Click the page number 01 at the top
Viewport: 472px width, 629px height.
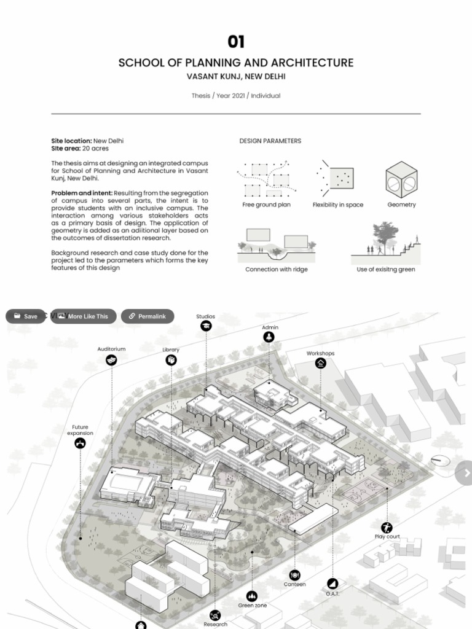[236, 42]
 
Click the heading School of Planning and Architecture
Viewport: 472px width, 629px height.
[236, 63]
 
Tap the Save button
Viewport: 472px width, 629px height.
[25, 316]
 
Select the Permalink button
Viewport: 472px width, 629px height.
[147, 316]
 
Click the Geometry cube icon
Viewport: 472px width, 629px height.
[401, 179]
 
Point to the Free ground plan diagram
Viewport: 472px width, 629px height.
[266, 179]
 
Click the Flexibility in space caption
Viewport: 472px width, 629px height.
[337, 205]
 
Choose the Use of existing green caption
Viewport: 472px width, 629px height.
[386, 269]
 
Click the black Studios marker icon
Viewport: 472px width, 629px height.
[206, 326]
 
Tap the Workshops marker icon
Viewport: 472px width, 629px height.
[320, 363]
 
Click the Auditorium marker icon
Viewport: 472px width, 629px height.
[111, 360]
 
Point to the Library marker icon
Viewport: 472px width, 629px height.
[171, 360]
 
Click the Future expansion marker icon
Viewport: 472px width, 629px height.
[80, 443]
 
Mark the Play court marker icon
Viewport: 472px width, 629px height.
[387, 527]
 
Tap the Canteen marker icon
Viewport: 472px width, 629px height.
[294, 575]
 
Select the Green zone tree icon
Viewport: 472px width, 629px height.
[252, 596]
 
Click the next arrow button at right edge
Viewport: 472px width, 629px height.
[465, 472]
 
